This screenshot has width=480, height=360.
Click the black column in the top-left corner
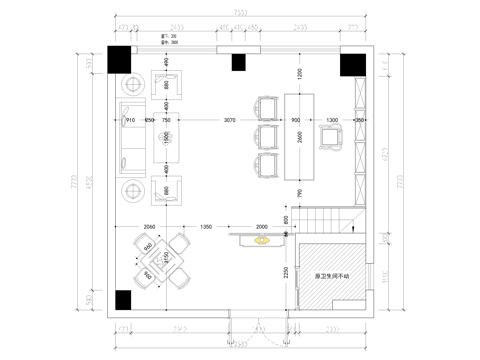click(x=117, y=56)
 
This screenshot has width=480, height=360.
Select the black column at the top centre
click(x=238, y=64)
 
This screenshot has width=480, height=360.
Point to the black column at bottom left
click(x=121, y=299)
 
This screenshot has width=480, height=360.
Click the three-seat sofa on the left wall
click(x=128, y=131)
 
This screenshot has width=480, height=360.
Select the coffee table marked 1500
click(x=168, y=133)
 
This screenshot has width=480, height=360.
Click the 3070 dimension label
click(x=230, y=119)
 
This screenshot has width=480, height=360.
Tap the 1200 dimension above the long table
click(x=298, y=73)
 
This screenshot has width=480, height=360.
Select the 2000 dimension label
click(x=263, y=227)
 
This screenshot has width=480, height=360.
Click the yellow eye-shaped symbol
click(x=262, y=240)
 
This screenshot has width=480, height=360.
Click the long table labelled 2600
click(x=299, y=134)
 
